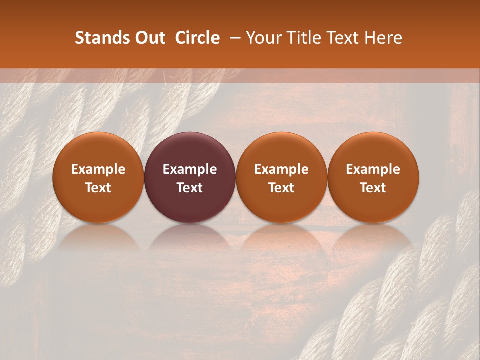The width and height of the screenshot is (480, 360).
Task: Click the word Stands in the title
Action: click(x=99, y=38)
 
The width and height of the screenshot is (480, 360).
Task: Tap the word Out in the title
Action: click(x=148, y=38)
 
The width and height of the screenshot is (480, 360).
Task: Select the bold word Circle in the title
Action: click(x=197, y=38)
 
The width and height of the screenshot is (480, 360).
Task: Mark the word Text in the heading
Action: click(x=341, y=38)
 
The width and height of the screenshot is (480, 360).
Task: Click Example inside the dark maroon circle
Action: click(x=190, y=169)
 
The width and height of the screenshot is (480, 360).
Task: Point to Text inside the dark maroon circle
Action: click(x=190, y=188)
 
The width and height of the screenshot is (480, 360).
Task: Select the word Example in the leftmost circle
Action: click(x=98, y=169)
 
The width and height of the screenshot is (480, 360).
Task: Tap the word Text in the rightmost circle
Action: click(x=373, y=188)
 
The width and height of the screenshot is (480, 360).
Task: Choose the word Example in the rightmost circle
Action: click(x=373, y=169)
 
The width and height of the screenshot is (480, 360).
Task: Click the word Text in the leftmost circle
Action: click(x=98, y=188)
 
